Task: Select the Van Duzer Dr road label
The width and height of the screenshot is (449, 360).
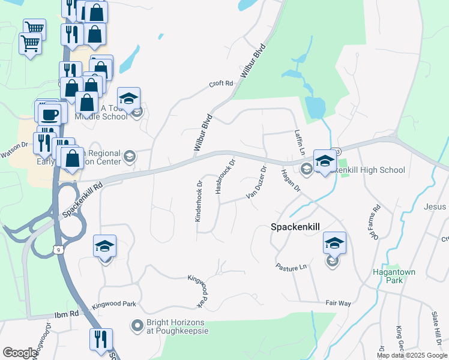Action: click(256, 187)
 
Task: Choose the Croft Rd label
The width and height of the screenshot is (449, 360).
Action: click(220, 84)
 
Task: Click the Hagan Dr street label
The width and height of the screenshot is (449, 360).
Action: click(290, 181)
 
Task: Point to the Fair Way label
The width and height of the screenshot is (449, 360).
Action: click(338, 304)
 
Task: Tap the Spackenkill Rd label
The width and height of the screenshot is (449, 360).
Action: click(82, 200)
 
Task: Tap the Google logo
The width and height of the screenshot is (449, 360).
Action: click(20, 353)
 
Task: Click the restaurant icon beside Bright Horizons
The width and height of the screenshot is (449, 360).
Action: click(100, 339)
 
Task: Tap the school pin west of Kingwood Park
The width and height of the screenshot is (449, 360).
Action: click(104, 247)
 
